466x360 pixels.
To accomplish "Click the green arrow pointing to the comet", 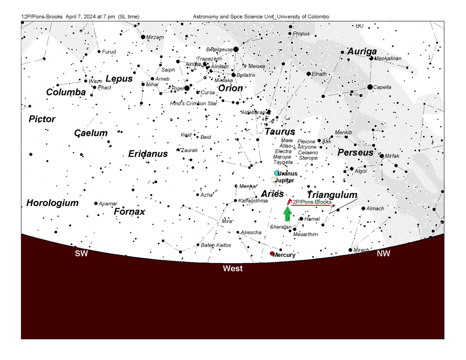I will coord(287,213).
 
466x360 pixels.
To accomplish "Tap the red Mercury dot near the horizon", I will coord(272,253).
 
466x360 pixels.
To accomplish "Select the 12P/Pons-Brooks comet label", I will coord(311,202).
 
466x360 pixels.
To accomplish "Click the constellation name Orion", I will coord(230,88).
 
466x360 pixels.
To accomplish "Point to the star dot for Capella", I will coord(370,87).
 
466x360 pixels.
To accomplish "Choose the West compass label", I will coord(233,269).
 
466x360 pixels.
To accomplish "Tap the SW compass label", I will coord(81,254).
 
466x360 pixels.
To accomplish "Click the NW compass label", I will coord(384,254).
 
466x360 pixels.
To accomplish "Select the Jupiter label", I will coord(284,181).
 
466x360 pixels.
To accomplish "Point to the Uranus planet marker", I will coord(276,173).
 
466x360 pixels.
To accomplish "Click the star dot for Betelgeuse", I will coord(236,49).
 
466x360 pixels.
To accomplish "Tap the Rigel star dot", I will coord(187,88).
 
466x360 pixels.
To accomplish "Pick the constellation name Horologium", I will coord(52,203).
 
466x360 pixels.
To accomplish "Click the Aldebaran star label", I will coord(253,112).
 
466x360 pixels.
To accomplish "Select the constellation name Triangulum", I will coord(332,195).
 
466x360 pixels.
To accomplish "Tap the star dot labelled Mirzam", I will coord(143,37).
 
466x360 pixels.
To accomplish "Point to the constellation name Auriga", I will coord(362,51).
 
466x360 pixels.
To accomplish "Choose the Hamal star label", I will coord(312,219).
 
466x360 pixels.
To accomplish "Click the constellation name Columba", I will coord(66,92).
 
